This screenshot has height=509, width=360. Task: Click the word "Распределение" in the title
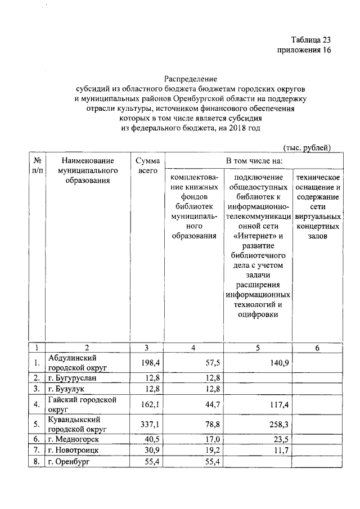(x=191, y=79)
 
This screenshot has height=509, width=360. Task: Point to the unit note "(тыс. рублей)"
(x=306, y=147)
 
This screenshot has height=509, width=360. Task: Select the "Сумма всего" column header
(x=147, y=165)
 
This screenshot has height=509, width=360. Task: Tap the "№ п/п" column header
(x=36, y=165)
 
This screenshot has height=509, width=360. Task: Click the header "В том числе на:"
(x=254, y=161)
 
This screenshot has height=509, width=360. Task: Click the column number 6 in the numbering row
(x=317, y=348)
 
